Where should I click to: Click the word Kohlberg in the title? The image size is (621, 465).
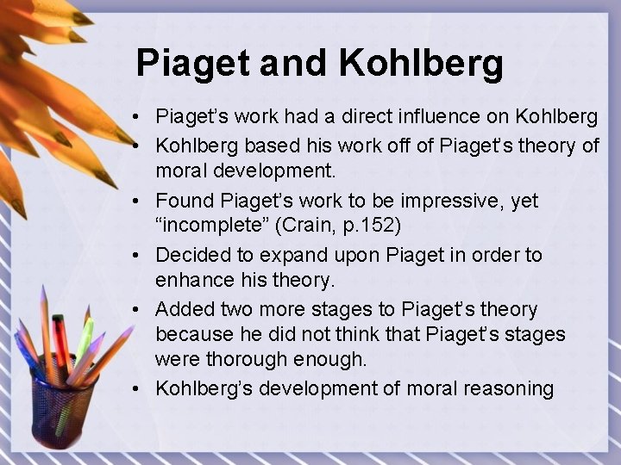(x=420, y=63)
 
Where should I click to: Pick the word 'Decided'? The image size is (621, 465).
(x=189, y=256)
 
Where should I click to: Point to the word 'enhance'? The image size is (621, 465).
(x=190, y=279)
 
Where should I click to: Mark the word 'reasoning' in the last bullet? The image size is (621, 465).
(x=508, y=388)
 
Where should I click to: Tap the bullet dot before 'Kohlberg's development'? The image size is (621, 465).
(x=137, y=389)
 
